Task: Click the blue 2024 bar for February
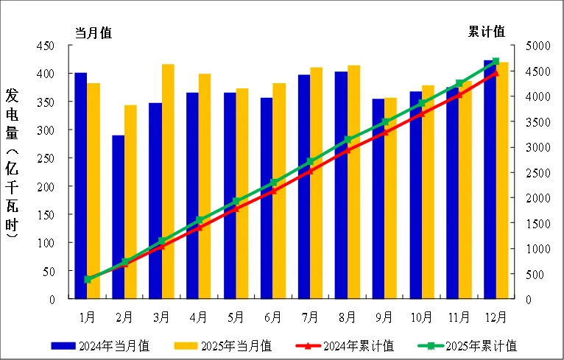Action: click(118, 217)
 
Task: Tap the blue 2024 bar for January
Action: click(80, 186)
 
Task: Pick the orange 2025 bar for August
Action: click(353, 182)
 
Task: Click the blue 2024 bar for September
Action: click(378, 199)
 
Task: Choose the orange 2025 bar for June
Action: click(279, 191)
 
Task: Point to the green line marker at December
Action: click(496, 61)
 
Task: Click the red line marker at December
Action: click(495, 72)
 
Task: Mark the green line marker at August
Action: click(348, 139)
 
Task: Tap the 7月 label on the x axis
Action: click(310, 318)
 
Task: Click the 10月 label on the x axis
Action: click(421, 318)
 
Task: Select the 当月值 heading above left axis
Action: click(94, 32)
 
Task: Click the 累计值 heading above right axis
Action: click(487, 32)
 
